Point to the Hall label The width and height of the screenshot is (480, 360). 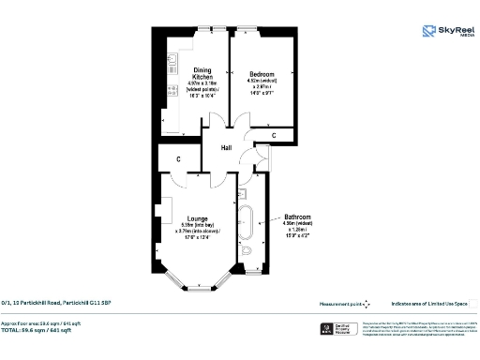click(226, 148)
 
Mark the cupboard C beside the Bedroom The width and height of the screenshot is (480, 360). click(273, 137)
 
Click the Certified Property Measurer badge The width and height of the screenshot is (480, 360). click(339, 329)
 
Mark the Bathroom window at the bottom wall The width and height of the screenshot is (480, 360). click(250, 273)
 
